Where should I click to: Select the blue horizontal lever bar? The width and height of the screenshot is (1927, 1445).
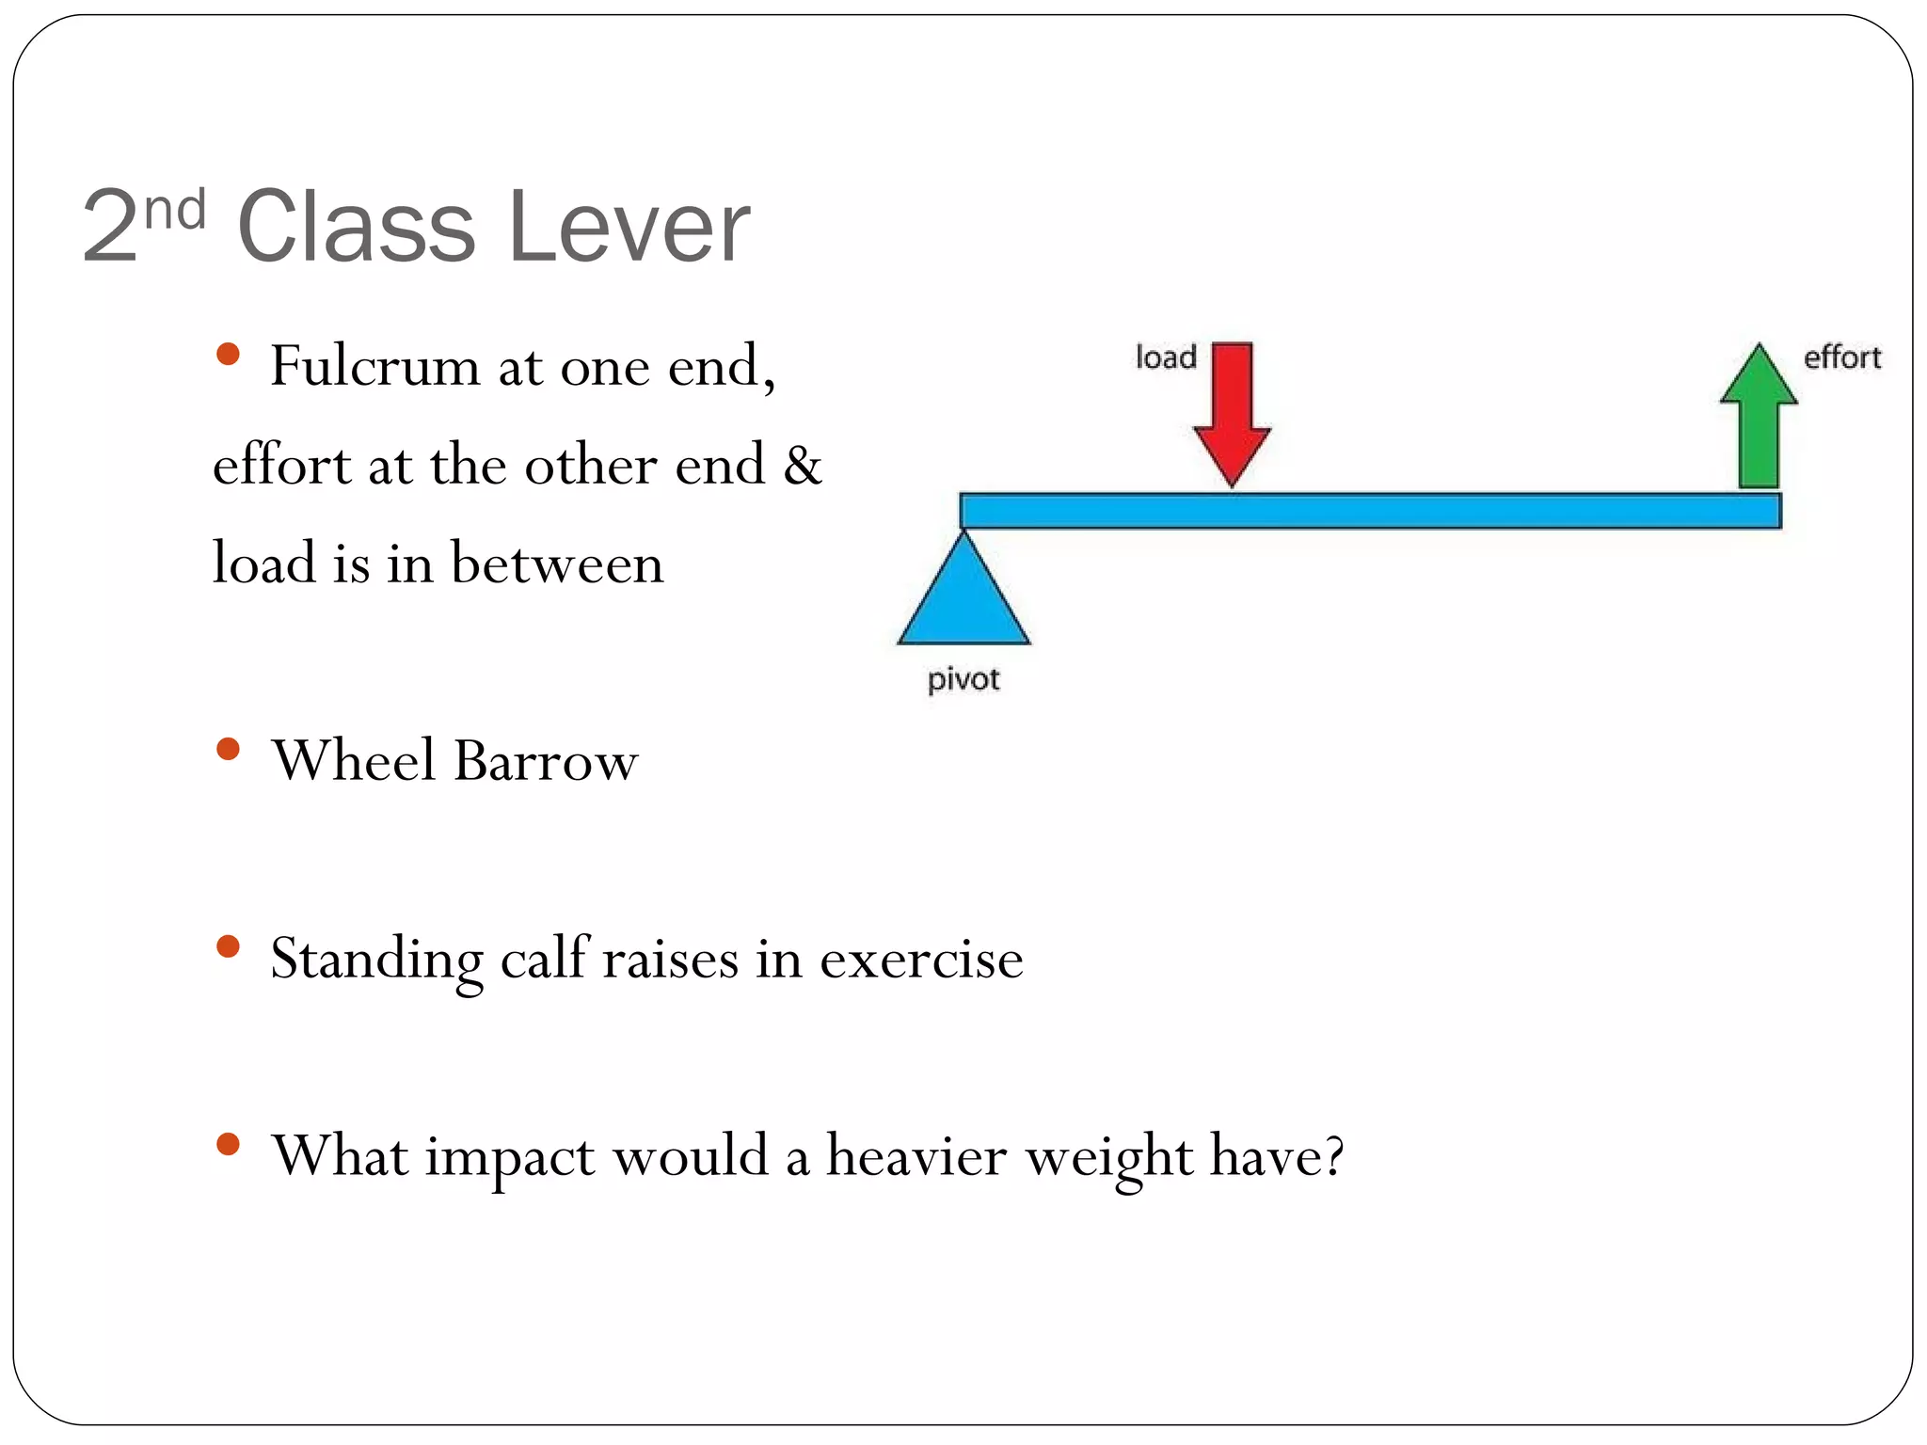(x=1370, y=511)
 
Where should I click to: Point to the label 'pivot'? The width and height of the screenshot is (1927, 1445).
(x=963, y=679)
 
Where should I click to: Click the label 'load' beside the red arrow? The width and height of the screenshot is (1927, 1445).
(x=1166, y=357)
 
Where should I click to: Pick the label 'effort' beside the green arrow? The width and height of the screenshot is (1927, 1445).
(x=1841, y=357)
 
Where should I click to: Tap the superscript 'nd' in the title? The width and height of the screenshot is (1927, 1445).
(x=175, y=209)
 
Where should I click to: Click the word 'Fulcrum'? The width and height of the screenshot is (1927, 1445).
(x=374, y=366)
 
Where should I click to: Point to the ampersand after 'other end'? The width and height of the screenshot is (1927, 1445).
(x=803, y=465)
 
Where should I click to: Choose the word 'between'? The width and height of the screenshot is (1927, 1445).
(x=557, y=564)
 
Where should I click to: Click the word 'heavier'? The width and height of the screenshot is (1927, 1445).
(x=916, y=1155)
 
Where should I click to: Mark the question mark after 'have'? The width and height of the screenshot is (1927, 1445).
(x=1332, y=1155)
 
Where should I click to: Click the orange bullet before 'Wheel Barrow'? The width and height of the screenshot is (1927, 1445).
(x=228, y=749)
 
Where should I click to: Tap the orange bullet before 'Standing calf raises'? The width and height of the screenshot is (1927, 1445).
(x=228, y=946)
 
